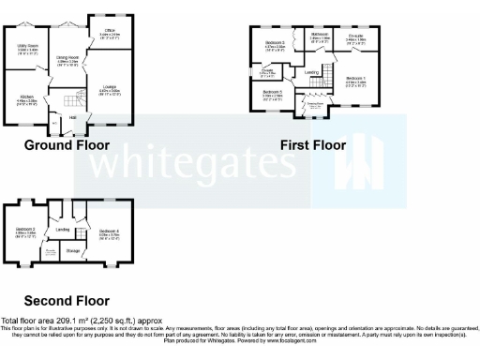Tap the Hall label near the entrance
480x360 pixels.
point(73,118)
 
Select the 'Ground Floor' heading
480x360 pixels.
point(67,145)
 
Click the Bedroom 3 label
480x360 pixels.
point(275,43)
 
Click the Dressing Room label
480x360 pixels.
point(318,106)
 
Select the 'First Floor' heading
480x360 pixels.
point(313,145)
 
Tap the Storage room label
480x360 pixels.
point(73,249)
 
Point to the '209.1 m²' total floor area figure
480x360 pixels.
point(65,321)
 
